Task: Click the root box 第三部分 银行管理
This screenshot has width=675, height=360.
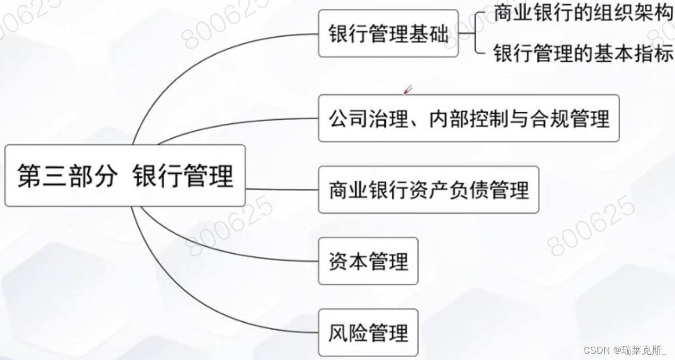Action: (x=125, y=175)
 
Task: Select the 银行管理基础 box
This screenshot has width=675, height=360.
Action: (x=388, y=34)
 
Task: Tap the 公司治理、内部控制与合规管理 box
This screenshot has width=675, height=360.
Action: (x=469, y=118)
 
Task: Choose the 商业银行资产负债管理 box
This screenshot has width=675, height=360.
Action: (x=428, y=190)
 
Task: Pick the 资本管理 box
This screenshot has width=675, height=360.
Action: (x=368, y=261)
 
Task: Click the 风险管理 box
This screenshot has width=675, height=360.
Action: (x=368, y=332)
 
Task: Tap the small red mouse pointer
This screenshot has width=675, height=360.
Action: (x=408, y=90)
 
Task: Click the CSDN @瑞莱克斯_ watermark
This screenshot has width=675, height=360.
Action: (x=625, y=350)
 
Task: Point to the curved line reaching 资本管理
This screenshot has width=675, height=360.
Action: (x=223, y=250)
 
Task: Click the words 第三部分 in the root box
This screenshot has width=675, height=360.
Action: (x=66, y=176)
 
